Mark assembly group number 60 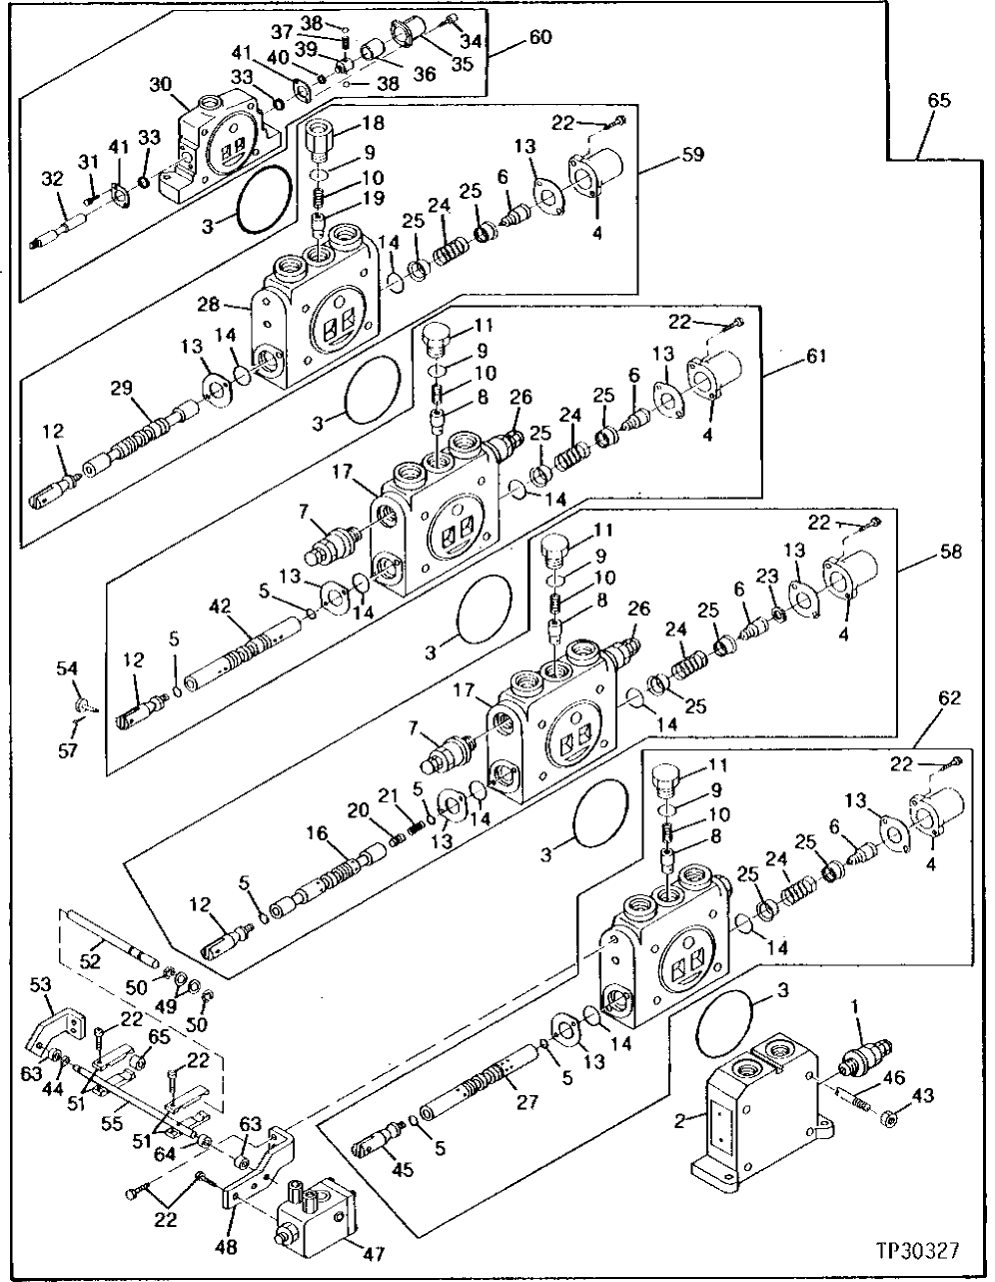(540, 38)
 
